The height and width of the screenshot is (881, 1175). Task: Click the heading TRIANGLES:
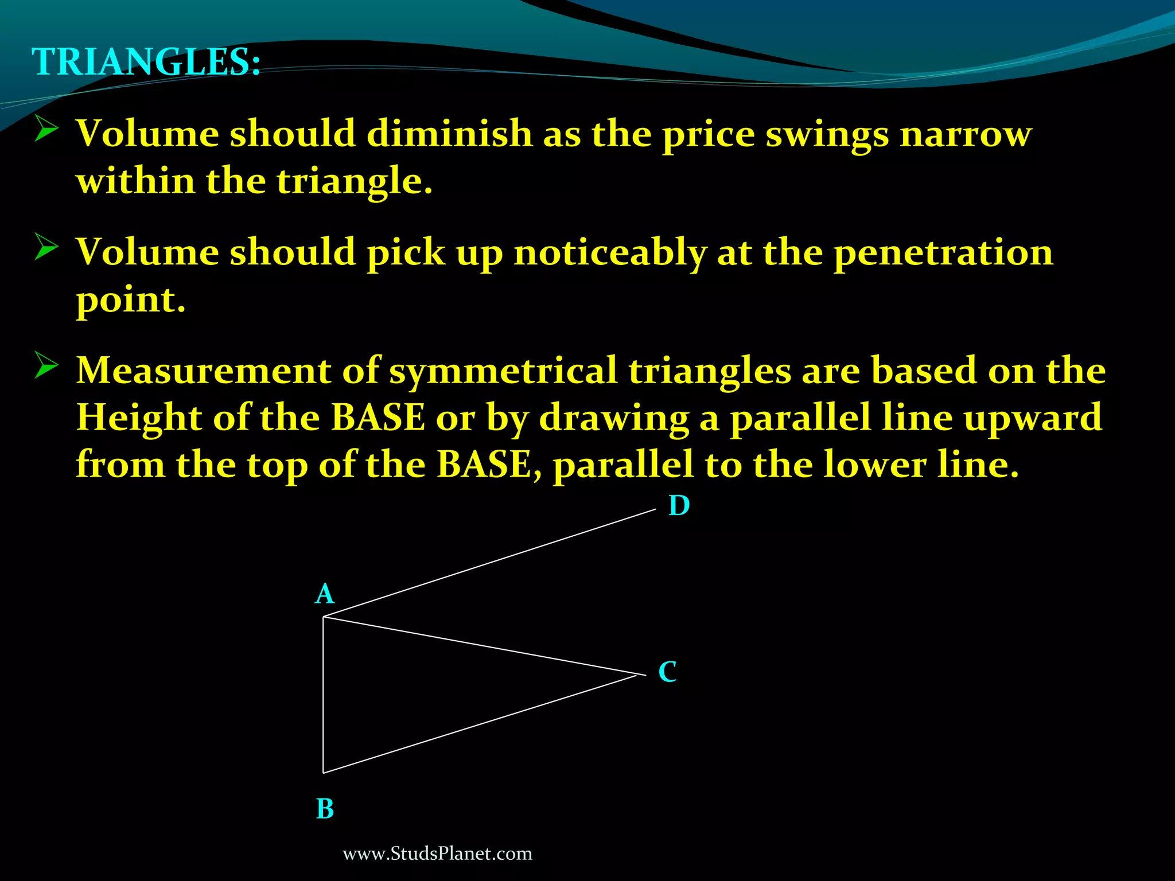point(146,62)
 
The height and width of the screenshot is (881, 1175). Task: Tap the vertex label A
point(325,594)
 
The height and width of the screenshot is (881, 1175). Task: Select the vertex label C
point(667,672)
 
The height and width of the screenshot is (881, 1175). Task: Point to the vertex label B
point(325,809)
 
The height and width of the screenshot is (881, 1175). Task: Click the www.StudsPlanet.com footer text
point(437,854)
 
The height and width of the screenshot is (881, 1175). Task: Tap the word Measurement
point(204,371)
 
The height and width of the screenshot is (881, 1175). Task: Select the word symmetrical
point(503,372)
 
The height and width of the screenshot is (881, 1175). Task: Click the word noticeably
point(609,254)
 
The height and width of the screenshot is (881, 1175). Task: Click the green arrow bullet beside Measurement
point(46,365)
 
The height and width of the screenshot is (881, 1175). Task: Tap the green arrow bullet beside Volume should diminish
point(46,128)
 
